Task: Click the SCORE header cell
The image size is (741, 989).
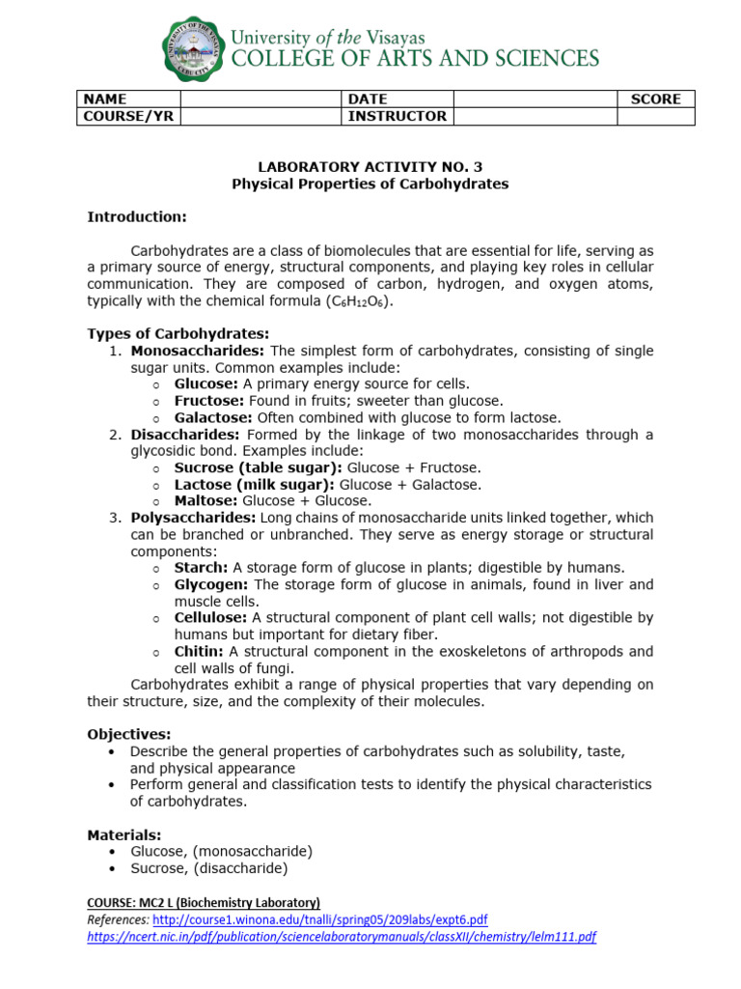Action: coord(655,99)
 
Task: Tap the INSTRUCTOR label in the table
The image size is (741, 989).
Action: coord(397,116)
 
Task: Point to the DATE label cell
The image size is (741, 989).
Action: coord(368,99)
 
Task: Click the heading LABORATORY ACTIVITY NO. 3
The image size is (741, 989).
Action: coord(370,166)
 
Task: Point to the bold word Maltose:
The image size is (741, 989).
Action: coord(206,500)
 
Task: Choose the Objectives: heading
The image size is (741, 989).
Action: coord(129,734)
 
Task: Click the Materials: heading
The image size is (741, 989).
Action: coord(124,834)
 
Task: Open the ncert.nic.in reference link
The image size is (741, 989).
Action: coord(342,936)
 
